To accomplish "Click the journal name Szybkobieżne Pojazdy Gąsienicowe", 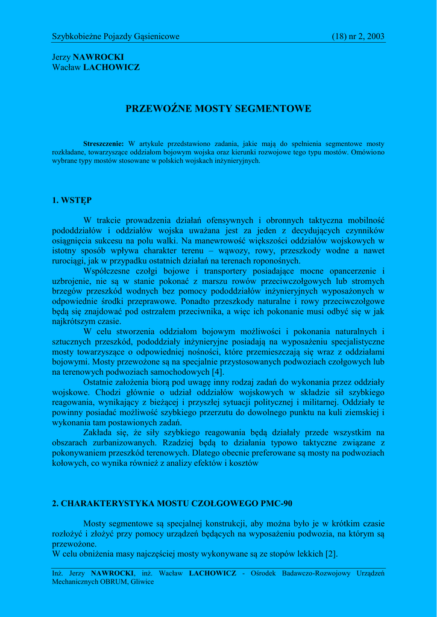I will click(116, 37).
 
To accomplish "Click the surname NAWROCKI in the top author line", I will click(98, 57).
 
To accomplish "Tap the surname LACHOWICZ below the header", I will click(111, 67).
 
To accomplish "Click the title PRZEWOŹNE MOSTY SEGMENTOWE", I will click(218, 109).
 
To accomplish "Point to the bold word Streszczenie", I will click(103, 144).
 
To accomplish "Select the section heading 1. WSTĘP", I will click(72, 200).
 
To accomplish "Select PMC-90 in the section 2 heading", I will click(272, 503).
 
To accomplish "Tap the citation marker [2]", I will click(330, 554).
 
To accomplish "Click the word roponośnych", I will click(271, 261).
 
